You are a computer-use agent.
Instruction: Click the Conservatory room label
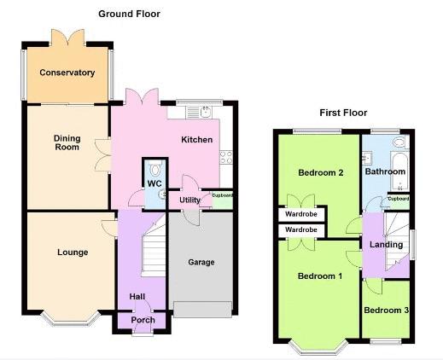click(67, 73)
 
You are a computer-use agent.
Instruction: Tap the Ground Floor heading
click(129, 14)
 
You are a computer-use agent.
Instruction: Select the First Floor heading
click(343, 113)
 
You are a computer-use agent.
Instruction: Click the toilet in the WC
click(155, 169)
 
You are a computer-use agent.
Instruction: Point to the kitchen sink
click(206, 112)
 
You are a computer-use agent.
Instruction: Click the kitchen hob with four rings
click(226, 157)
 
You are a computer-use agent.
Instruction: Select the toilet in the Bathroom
click(400, 142)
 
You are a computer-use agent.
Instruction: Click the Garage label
click(201, 262)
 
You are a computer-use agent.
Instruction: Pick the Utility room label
click(189, 200)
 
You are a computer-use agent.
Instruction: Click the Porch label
click(143, 320)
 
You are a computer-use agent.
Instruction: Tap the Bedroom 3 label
click(387, 311)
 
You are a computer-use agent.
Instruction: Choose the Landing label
click(386, 245)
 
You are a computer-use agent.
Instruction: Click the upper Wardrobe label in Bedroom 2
click(301, 214)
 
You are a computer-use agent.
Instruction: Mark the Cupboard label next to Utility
click(222, 195)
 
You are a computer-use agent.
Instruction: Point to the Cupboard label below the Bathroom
click(399, 199)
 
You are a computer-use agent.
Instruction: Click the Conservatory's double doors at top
click(67, 37)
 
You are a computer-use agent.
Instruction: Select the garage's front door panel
click(202, 310)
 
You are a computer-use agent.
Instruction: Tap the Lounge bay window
click(71, 319)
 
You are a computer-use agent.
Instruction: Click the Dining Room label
click(67, 142)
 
